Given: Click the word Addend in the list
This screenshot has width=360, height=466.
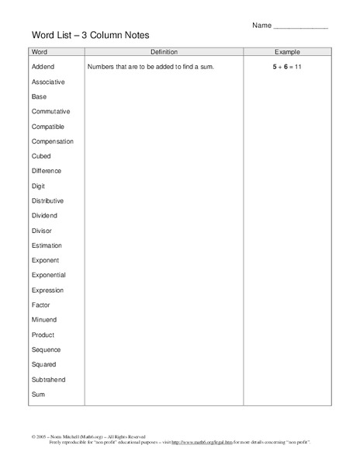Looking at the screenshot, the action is [43, 67].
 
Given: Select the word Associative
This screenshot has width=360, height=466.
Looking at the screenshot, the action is [48, 82].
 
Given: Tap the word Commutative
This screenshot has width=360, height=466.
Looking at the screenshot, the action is [50, 112].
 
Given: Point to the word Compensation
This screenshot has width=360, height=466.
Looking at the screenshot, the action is [53, 141].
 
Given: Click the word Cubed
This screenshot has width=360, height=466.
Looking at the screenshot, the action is [42, 156].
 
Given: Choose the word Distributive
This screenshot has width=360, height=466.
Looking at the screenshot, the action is [48, 200].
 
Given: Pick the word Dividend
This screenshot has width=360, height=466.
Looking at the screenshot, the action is [44, 216].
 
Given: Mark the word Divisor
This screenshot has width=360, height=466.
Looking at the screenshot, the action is [43, 231].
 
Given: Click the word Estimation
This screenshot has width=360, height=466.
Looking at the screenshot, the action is [47, 245].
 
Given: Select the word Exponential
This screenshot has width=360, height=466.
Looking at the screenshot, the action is [49, 275].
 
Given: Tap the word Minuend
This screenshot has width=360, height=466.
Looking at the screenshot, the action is [44, 319].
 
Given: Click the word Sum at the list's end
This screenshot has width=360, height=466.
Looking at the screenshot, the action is [39, 395].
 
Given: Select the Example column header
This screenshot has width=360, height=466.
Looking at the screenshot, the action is [288, 52].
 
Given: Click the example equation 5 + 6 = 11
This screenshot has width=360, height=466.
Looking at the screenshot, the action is [288, 68].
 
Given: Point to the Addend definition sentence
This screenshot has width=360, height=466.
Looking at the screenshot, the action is [151, 68].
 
